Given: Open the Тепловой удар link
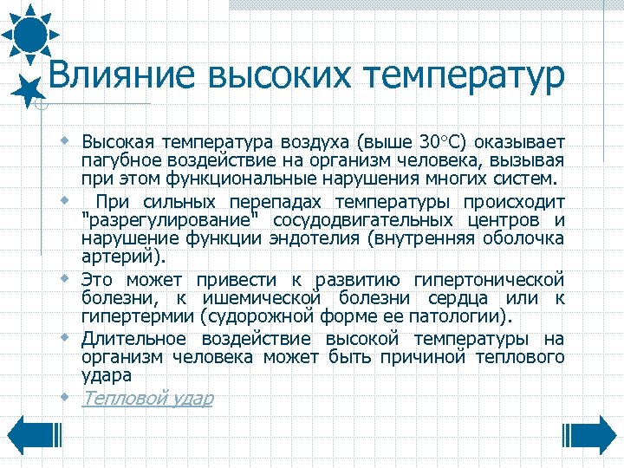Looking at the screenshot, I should [x=147, y=398].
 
